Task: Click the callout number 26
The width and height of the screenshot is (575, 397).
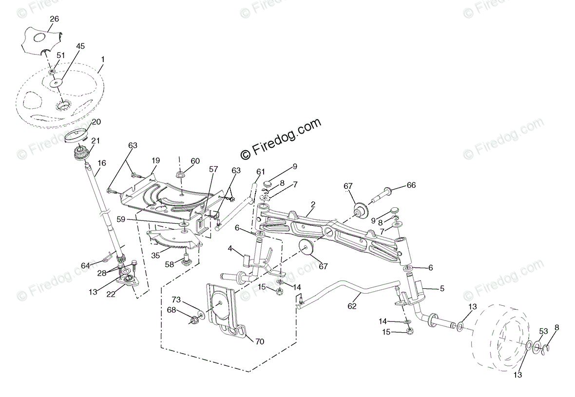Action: (x=54, y=19)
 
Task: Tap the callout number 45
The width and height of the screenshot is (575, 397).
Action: (x=80, y=46)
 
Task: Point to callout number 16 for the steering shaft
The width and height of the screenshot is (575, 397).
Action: (x=102, y=164)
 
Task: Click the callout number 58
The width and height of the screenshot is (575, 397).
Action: (x=169, y=264)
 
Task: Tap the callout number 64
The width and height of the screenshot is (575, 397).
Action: (x=86, y=265)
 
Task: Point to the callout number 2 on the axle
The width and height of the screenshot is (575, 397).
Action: (x=313, y=204)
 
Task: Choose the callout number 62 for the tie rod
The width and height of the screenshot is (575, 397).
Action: (x=352, y=306)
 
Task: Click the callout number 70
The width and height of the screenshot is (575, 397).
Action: (x=259, y=341)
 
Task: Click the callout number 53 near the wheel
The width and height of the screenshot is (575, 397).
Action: (x=543, y=332)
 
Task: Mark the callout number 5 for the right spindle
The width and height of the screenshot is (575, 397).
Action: (x=442, y=288)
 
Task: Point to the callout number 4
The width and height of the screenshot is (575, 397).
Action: (x=230, y=249)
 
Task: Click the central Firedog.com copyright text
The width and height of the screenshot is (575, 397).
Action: (x=282, y=139)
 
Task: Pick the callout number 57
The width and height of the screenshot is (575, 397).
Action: (x=213, y=169)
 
